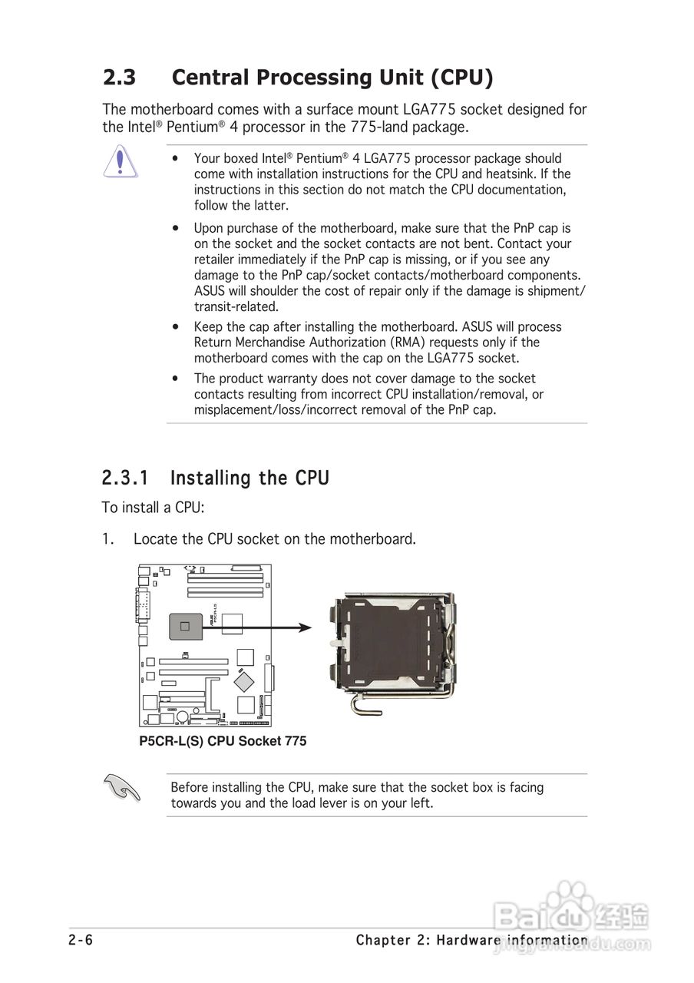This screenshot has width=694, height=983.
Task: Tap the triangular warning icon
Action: (x=121, y=164)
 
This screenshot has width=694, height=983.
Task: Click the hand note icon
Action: (x=122, y=787)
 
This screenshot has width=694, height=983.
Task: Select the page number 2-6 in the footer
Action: (x=81, y=940)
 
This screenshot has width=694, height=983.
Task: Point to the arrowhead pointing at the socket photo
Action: (x=305, y=627)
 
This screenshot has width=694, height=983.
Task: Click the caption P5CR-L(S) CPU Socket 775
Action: (x=223, y=741)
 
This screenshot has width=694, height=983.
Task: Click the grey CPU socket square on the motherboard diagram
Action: (x=184, y=627)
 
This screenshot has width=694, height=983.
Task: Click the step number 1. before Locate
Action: (x=108, y=539)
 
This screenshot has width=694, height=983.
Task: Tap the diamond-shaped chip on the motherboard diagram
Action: (x=245, y=680)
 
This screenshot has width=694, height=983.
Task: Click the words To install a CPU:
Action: (x=153, y=508)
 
